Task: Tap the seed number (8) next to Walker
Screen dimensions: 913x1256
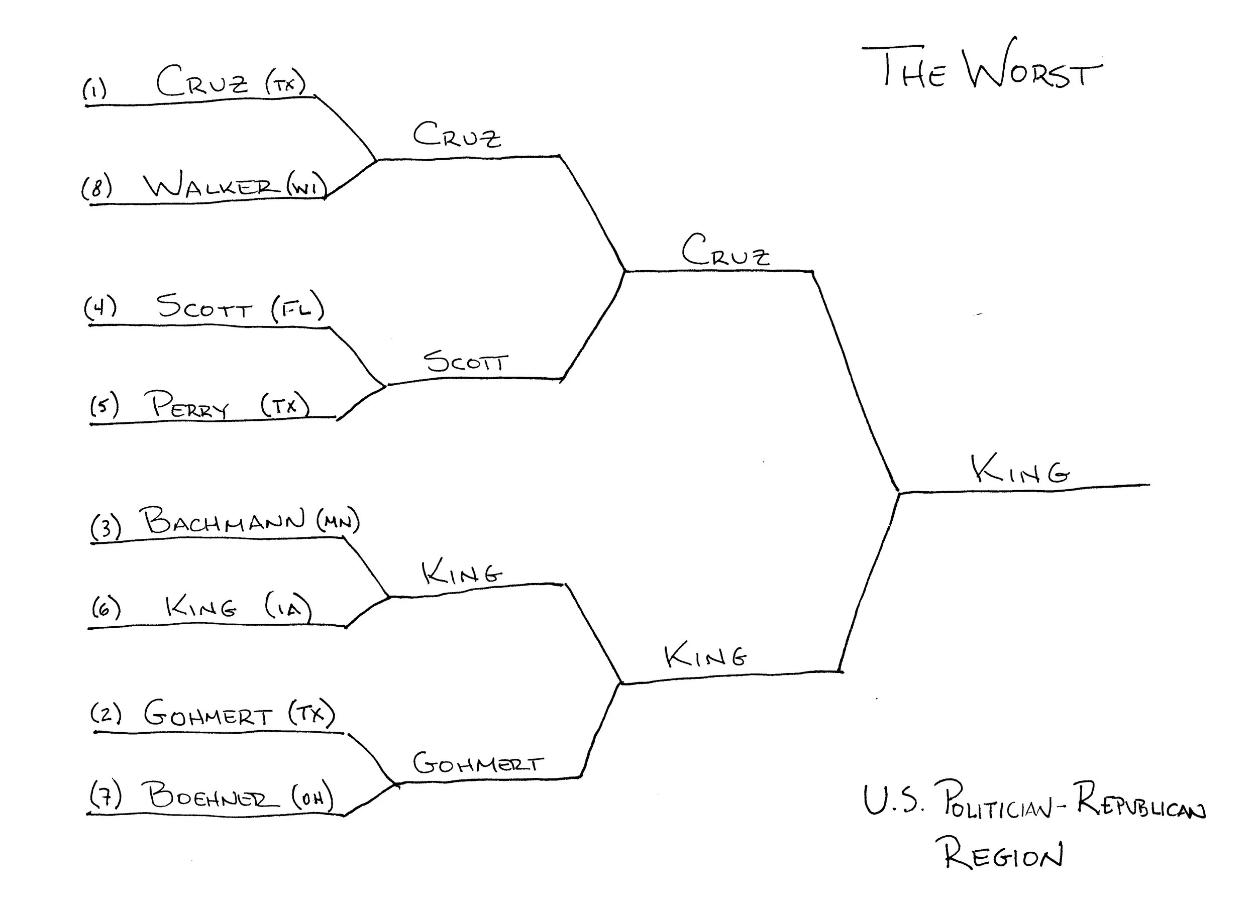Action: point(97,187)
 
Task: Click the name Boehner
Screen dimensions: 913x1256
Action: point(213,795)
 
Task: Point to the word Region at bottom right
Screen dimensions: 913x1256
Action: point(1003,854)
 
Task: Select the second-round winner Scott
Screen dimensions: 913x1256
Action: point(465,362)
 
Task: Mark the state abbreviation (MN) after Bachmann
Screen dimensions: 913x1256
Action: point(338,520)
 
